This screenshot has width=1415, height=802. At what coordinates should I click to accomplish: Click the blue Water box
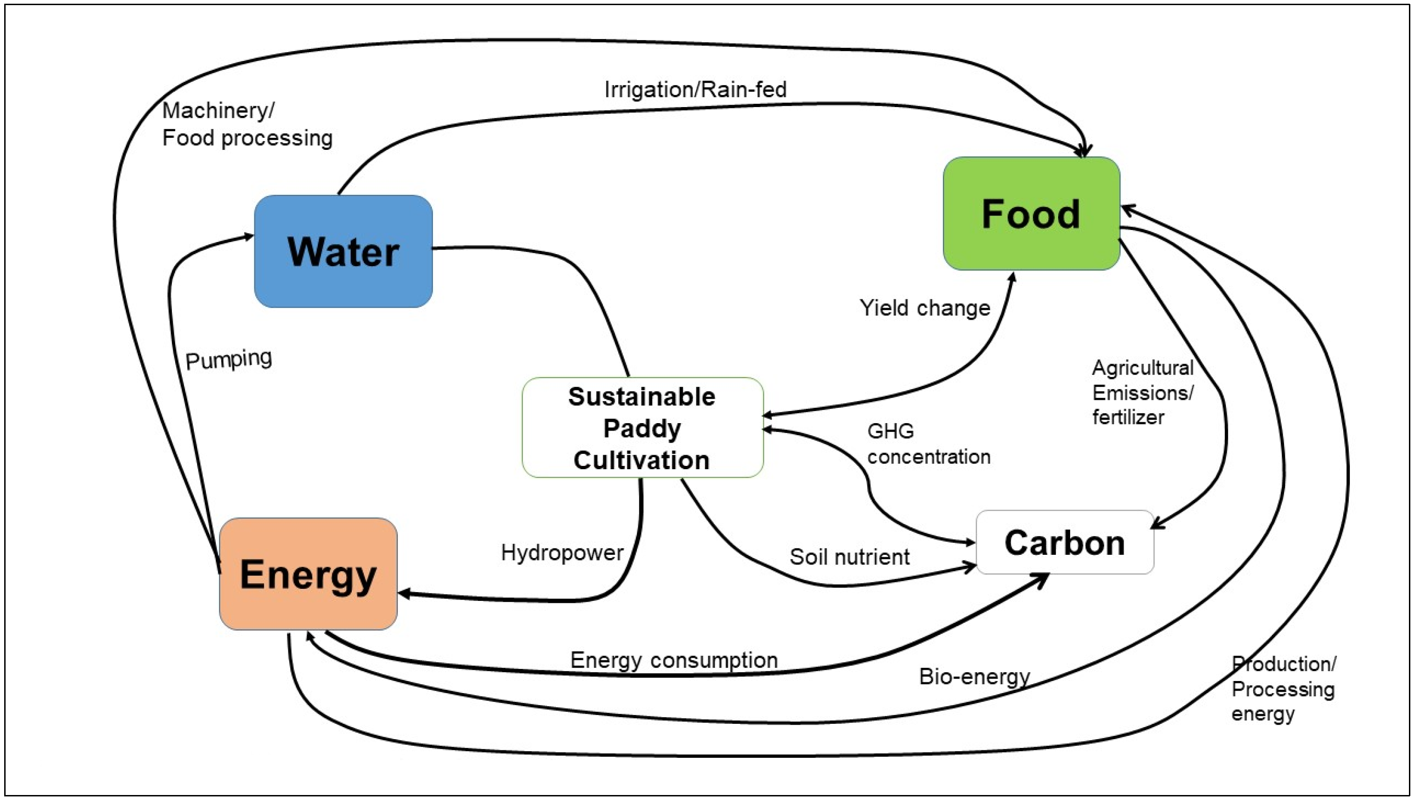[x=343, y=251]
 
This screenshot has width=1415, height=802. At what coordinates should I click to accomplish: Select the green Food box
[x=1031, y=214]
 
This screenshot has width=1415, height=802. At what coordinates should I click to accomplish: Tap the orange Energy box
[x=308, y=574]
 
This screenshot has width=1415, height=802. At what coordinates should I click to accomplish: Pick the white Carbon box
[x=1065, y=543]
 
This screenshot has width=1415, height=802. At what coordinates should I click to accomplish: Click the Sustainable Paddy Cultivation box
[x=642, y=427]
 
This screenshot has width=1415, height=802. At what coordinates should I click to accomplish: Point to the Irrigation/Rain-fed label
[x=695, y=90]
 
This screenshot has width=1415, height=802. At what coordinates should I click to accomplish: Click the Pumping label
[x=229, y=360]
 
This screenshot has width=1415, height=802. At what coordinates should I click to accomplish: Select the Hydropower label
[x=562, y=553]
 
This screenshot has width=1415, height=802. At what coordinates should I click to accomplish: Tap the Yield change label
[x=924, y=308]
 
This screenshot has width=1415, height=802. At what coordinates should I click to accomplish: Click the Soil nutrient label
[x=849, y=557]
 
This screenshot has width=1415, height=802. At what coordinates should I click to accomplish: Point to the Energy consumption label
[x=674, y=660]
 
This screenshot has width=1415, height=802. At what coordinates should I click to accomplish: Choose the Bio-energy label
[x=974, y=676]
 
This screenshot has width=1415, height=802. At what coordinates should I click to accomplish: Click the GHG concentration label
[x=928, y=444]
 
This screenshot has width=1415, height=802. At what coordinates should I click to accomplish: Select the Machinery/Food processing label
[x=247, y=124]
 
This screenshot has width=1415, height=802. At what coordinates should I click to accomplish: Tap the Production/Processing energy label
[x=1283, y=688]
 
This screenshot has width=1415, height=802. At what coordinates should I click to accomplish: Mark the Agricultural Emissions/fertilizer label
[x=1142, y=392]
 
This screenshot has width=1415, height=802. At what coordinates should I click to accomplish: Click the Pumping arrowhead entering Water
[x=249, y=237]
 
